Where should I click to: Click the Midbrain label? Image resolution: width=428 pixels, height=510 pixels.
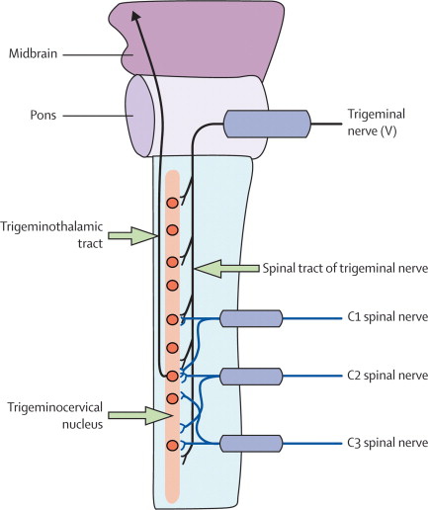tap(33, 53)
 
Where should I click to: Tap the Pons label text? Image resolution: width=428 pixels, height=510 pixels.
tap(43, 116)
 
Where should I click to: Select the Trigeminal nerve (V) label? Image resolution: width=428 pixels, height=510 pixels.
tap(377, 123)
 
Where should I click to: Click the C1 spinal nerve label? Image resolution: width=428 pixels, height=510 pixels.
tap(387, 317)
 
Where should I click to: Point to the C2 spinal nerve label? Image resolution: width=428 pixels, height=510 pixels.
tap(387, 376)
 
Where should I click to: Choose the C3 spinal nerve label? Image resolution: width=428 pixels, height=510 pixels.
tap(387, 443)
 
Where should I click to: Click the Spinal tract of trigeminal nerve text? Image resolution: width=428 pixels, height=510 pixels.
tap(345, 269)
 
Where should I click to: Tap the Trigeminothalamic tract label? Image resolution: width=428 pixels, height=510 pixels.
tap(51, 235)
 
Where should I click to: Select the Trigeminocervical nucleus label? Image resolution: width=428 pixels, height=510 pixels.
tap(55, 415)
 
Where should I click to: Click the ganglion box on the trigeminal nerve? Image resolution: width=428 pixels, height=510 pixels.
tap(267, 124)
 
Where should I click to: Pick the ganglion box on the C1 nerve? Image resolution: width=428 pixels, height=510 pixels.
tap(251, 318)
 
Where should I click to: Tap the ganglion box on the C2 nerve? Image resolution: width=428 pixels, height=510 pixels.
tap(251, 377)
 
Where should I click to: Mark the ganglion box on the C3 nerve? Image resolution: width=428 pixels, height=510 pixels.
tap(251, 444)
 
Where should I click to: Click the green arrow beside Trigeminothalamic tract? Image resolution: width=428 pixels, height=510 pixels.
tap(132, 236)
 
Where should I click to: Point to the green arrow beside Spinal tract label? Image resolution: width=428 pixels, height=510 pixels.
tap(227, 269)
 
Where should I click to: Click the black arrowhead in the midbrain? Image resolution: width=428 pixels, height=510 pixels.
tap(134, 16)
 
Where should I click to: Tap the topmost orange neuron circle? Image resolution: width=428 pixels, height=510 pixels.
tap(172, 203)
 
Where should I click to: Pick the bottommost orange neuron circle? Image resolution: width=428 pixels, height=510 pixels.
tap(172, 445)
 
